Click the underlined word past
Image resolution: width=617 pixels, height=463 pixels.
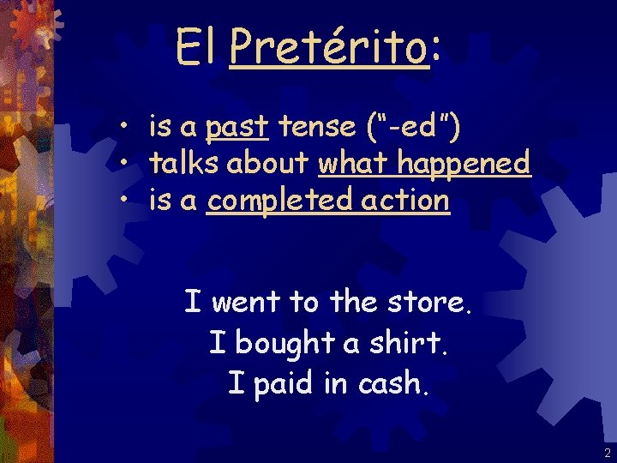coord(238,128)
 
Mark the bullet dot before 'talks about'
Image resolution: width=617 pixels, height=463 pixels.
coord(125,162)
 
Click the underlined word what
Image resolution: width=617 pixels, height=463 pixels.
coord(352,162)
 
